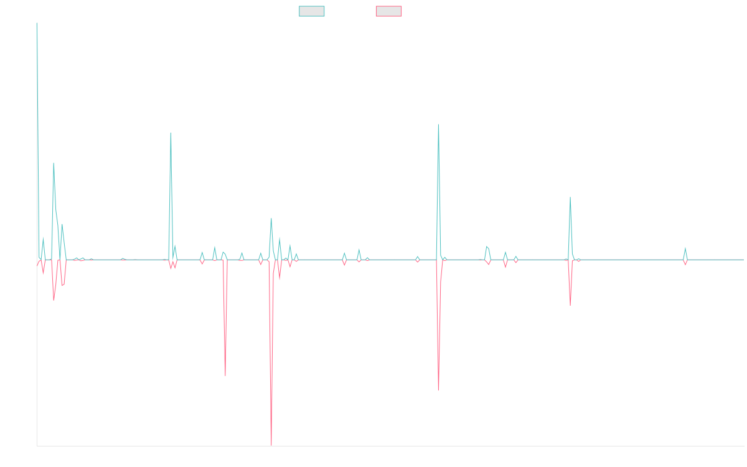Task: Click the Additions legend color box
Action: [312, 11]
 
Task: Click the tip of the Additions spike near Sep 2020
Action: [171, 133]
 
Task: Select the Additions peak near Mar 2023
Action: [439, 125]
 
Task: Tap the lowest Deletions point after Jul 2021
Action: [271, 445]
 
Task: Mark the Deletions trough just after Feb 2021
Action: [225, 375]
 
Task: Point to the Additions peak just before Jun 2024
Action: [570, 197]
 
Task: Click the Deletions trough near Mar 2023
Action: [439, 390]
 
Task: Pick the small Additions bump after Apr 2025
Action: [685, 248]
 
